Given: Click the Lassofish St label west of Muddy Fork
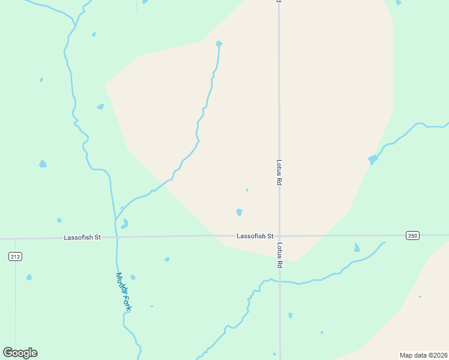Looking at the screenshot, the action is pyautogui.click(x=82, y=238).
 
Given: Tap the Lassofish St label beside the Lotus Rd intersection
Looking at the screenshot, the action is pyautogui.click(x=255, y=236).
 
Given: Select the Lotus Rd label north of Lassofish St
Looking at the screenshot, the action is pyautogui.click(x=279, y=172).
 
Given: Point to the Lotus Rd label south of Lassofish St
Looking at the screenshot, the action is pyautogui.click(x=279, y=255).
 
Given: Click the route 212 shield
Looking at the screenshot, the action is pyautogui.click(x=15, y=257).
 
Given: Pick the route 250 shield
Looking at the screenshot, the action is pyautogui.click(x=412, y=235).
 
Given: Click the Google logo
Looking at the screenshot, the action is pyautogui.click(x=20, y=353).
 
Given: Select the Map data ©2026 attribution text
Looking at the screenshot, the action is pyautogui.click(x=423, y=355).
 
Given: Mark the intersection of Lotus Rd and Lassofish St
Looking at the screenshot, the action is pyautogui.click(x=279, y=236).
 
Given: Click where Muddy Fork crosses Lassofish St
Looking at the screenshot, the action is pyautogui.click(x=116, y=237).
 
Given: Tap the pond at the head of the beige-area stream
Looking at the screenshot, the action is pyautogui.click(x=219, y=44).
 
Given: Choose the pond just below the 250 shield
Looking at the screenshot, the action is pyautogui.click(x=357, y=248).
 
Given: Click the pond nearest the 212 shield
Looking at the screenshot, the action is pyautogui.click(x=29, y=277).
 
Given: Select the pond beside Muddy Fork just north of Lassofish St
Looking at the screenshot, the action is pyautogui.click(x=124, y=224).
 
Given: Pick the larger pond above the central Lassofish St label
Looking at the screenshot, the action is pyautogui.click(x=240, y=212).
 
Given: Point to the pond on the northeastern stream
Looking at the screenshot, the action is pyautogui.click(x=373, y=160).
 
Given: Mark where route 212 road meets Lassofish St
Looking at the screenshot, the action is pyautogui.click(x=15, y=238).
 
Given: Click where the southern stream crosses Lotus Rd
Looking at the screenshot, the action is pyautogui.click(x=279, y=281).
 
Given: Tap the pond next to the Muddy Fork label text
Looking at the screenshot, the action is pyautogui.click(x=133, y=277).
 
